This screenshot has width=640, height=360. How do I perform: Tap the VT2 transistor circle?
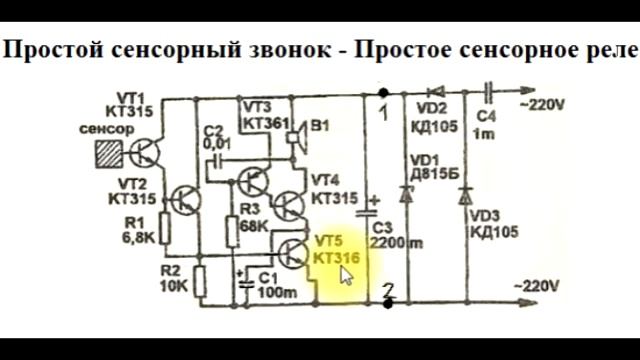[185, 199]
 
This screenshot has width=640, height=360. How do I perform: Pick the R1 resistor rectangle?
[166, 231]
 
